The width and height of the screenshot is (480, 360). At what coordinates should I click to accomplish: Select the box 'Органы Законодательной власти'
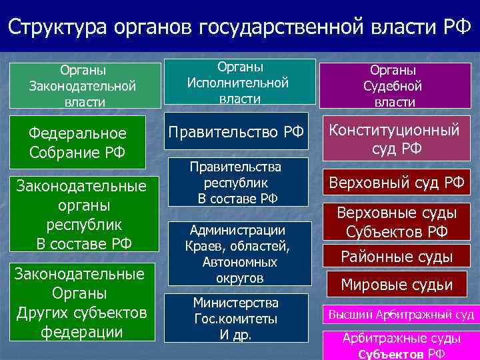point(83,85)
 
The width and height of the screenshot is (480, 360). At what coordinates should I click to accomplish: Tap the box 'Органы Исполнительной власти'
point(238,82)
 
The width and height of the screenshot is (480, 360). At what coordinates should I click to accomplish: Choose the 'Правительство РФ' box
point(236,132)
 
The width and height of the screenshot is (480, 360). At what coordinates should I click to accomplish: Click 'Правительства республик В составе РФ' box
point(237,182)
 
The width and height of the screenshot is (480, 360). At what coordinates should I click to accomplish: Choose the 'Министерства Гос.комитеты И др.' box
point(237,318)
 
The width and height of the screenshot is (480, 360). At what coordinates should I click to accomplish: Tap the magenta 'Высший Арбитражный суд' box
point(399,314)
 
